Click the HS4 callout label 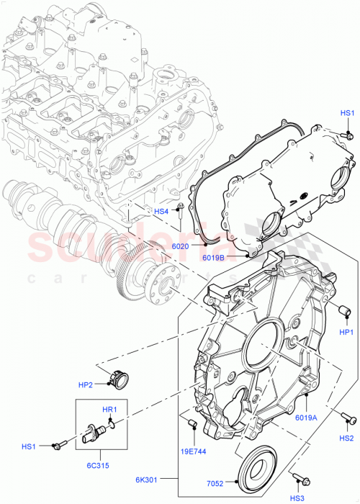point(161,212)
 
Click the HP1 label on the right point(346,332)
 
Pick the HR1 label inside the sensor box point(109,410)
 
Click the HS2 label point(346,438)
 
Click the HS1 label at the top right point(347,113)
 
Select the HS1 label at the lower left point(28,446)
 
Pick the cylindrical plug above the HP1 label point(346,310)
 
